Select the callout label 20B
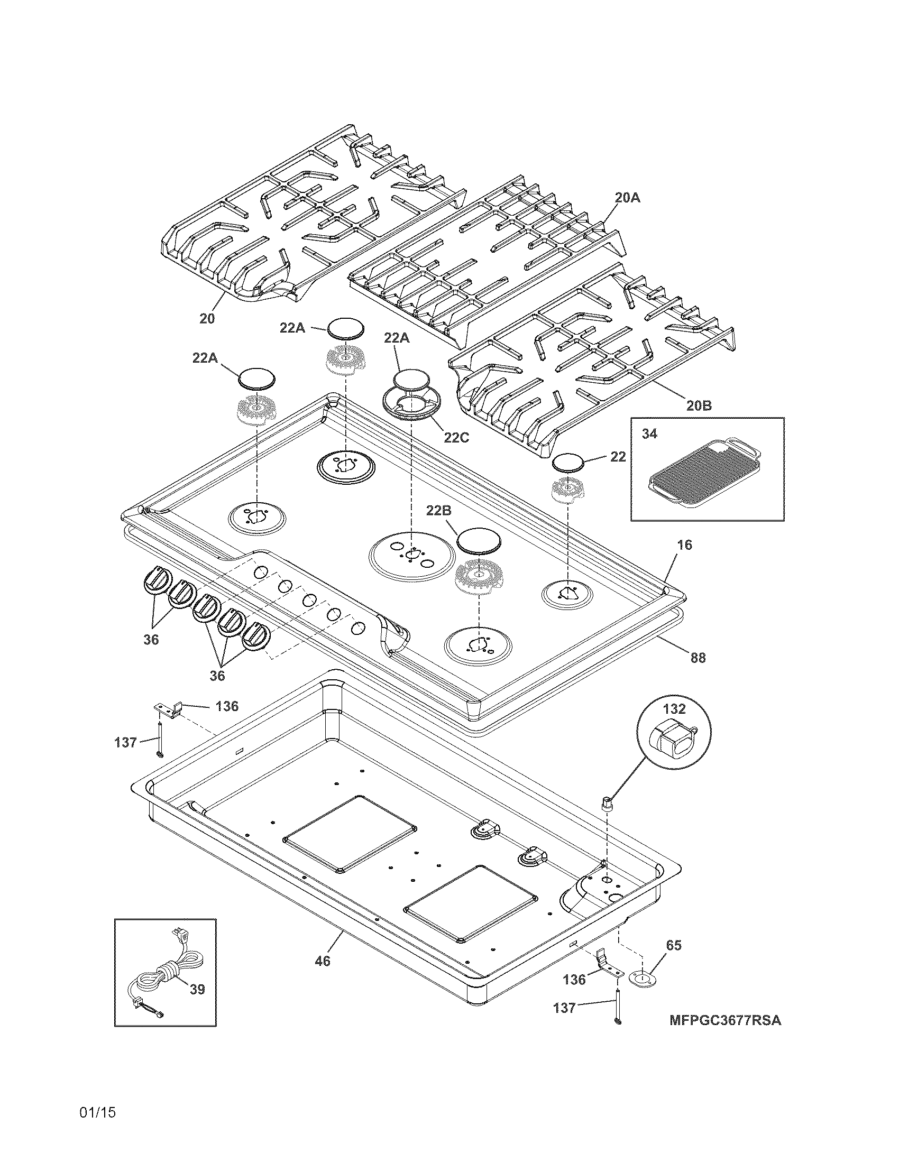coord(698,406)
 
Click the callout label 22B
coord(439,511)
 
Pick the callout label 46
coord(323,961)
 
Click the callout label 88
coord(698,658)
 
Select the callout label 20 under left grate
coord(207,318)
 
